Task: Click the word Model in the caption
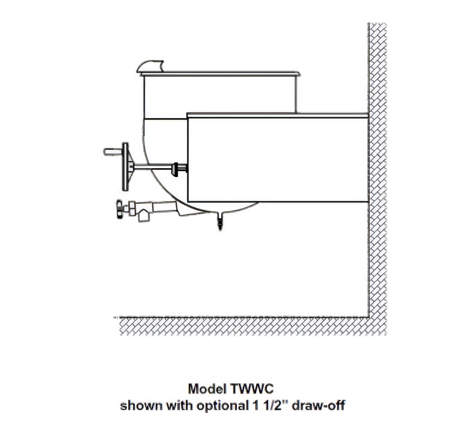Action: [207, 389]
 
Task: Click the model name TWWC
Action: [251, 389]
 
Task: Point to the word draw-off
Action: [318, 406]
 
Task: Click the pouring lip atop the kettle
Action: [150, 66]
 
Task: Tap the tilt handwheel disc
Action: [125, 166]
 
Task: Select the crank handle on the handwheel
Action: [113, 152]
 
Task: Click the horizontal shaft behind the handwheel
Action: [153, 167]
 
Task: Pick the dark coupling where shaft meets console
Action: [180, 168]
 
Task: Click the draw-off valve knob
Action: [119, 209]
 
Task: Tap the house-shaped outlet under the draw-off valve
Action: [144, 215]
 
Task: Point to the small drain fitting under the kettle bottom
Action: [220, 221]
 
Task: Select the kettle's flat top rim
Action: [220, 74]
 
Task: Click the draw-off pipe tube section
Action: [164, 207]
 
